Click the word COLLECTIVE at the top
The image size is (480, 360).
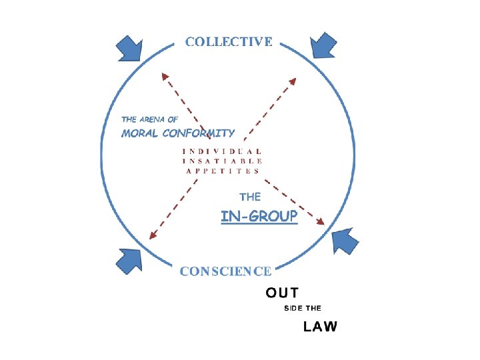click(x=229, y=41)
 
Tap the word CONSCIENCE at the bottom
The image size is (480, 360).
click(x=226, y=271)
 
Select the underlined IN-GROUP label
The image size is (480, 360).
click(x=259, y=217)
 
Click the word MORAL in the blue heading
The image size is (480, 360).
click(x=140, y=133)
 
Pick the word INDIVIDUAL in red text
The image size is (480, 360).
click(x=222, y=151)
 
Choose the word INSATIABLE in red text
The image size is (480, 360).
click(x=222, y=161)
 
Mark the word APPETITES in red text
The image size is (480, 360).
click(x=222, y=171)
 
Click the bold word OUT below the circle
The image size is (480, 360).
click(x=282, y=292)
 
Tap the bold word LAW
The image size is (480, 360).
click(x=321, y=327)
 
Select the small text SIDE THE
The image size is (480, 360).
click(x=303, y=308)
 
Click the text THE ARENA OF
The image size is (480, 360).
click(x=149, y=119)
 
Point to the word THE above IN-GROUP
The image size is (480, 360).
click(x=250, y=197)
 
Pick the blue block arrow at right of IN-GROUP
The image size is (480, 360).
click(x=345, y=241)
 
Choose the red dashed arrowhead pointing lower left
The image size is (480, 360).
click(x=153, y=235)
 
